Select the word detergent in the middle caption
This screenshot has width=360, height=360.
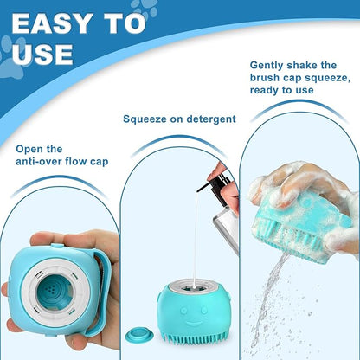206,119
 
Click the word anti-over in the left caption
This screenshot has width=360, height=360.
42,161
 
